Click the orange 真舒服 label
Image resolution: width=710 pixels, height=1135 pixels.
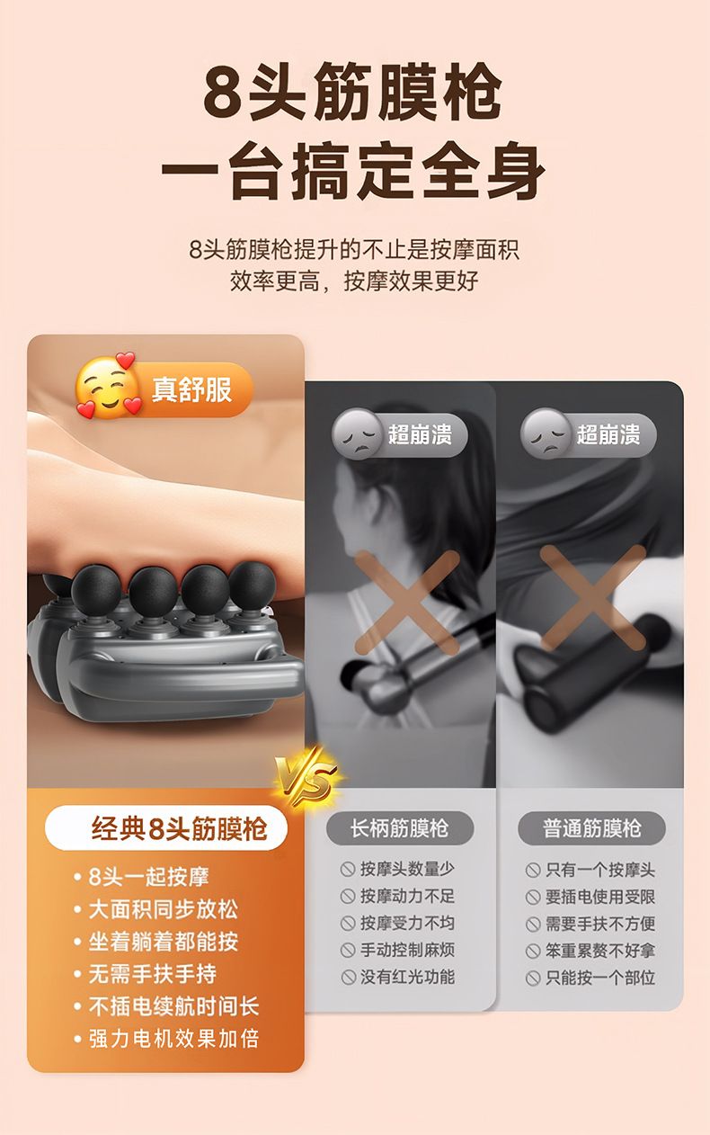tap(191, 389)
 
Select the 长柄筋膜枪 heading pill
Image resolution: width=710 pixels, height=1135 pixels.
tap(400, 829)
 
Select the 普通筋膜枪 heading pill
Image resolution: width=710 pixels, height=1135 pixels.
tap(591, 829)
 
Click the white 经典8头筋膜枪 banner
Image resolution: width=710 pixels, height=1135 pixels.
tap(166, 828)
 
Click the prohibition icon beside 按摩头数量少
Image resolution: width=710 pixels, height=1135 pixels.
tap(348, 870)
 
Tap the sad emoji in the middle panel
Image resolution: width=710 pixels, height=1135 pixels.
tap(357, 433)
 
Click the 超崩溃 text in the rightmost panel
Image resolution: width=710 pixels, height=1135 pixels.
tap(608, 434)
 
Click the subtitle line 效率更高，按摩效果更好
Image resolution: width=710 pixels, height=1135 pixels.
tap(354, 282)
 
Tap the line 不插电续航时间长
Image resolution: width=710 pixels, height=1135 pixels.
tap(173, 1006)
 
